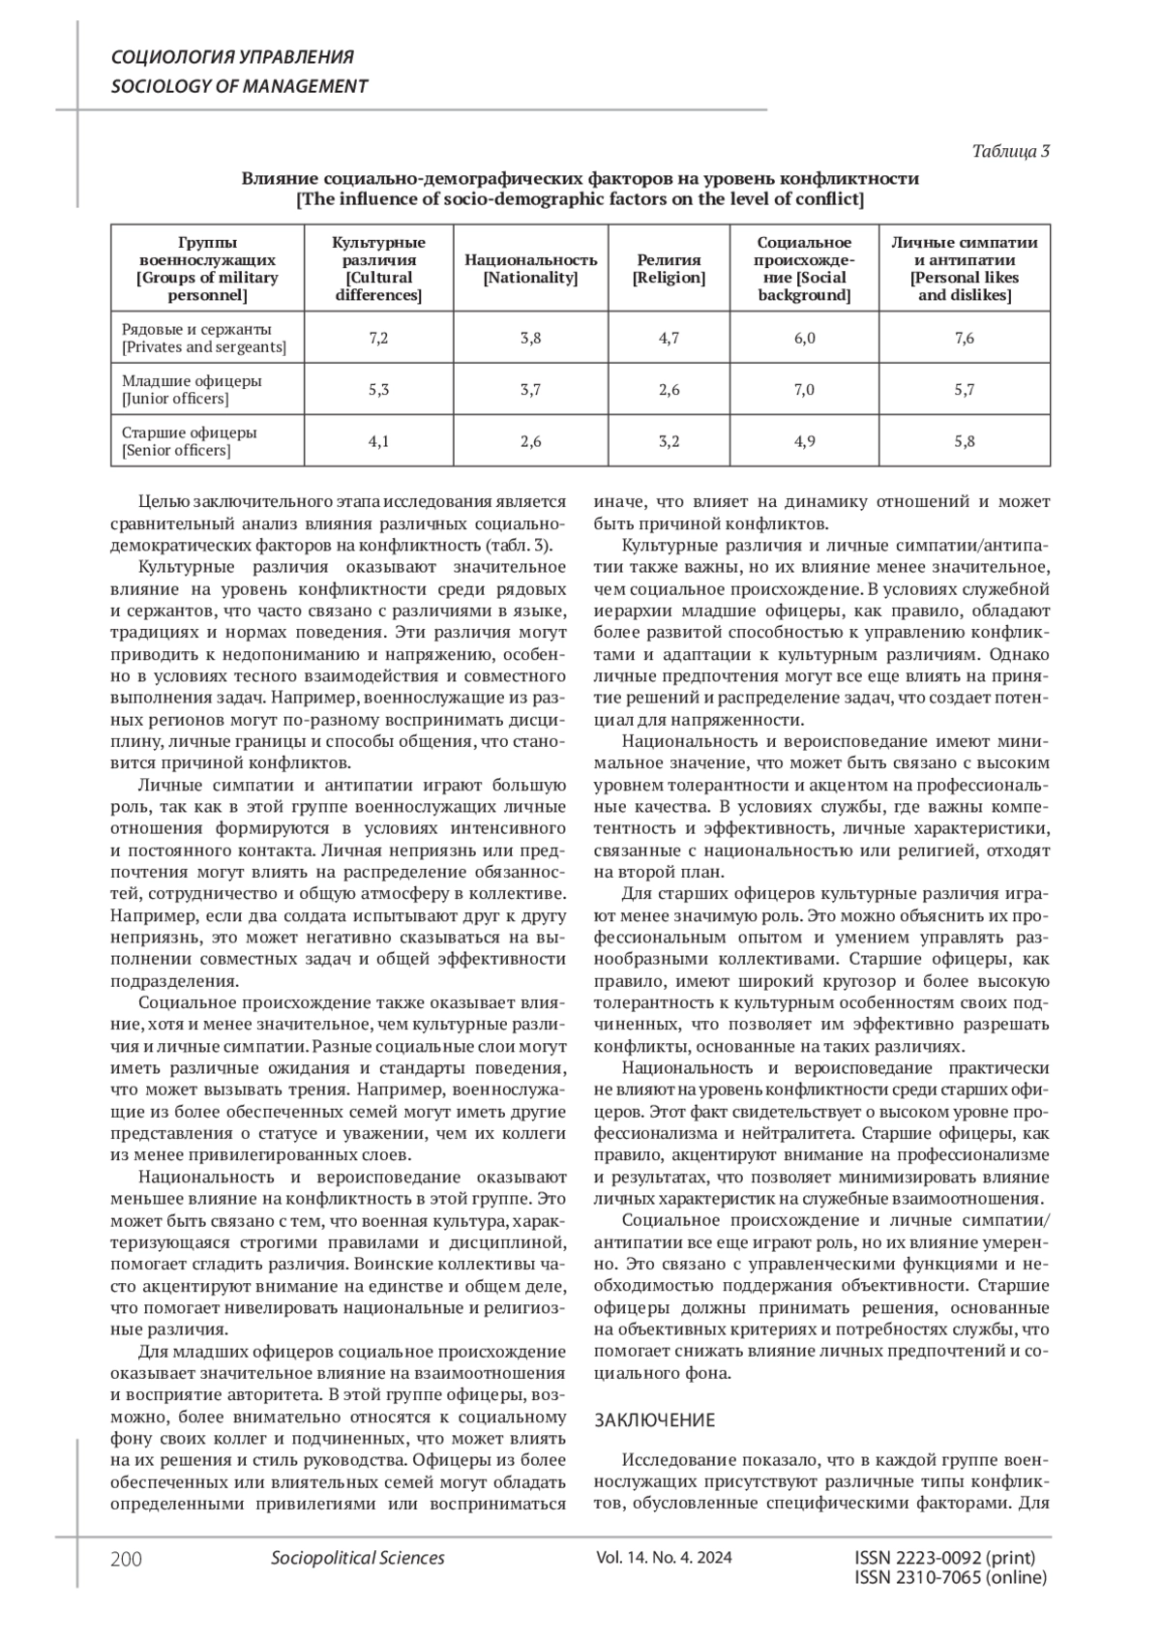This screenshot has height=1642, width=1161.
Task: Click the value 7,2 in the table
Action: point(378,338)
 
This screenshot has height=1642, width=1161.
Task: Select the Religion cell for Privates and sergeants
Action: point(669,338)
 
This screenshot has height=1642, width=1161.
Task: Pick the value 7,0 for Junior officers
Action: point(804,390)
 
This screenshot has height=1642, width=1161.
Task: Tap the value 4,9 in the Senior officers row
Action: point(804,442)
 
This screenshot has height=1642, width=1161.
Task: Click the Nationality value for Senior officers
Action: point(530,442)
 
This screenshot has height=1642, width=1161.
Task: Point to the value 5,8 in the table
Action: point(964,442)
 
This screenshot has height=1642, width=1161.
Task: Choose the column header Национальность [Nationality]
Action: point(530,268)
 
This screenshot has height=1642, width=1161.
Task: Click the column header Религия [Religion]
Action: point(669,268)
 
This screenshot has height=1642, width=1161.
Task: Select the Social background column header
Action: point(804,268)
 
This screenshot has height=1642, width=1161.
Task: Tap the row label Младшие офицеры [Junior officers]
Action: point(192,390)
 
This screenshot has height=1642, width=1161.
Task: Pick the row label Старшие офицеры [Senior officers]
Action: point(190,442)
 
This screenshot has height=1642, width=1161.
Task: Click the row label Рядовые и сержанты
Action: point(196,329)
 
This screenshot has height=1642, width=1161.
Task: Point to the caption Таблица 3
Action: point(1010,151)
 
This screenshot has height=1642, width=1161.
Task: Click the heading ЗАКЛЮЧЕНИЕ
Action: point(654,1420)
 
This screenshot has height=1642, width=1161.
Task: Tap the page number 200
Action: point(127,1559)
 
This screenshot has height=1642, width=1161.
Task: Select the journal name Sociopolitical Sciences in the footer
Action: point(358,1558)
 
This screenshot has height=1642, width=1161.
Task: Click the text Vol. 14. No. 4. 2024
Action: point(664,1558)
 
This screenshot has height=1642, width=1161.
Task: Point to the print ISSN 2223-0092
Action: point(945,1558)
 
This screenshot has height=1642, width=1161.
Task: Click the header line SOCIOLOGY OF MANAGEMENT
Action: point(240,86)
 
